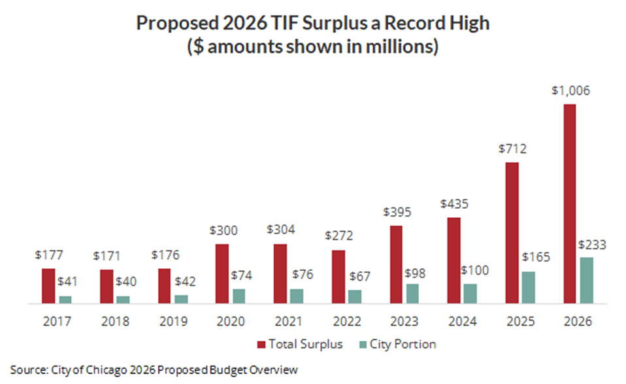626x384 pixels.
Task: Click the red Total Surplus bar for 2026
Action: (x=569, y=203)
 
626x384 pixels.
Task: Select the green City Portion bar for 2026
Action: (x=586, y=280)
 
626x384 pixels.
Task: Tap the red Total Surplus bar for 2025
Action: (x=511, y=233)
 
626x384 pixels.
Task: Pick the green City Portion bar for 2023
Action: (x=412, y=294)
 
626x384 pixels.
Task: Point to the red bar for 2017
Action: (x=48, y=286)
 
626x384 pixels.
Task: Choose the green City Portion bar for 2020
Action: (x=239, y=296)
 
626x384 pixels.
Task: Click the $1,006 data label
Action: (x=569, y=91)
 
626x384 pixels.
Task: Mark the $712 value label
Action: (x=511, y=148)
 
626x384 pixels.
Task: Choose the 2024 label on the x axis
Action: (x=464, y=321)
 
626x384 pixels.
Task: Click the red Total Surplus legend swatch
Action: (x=260, y=344)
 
